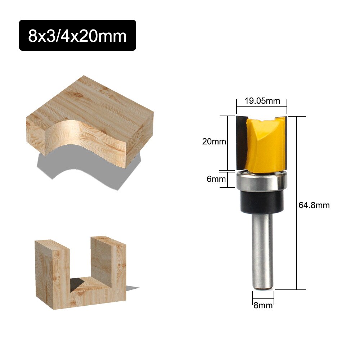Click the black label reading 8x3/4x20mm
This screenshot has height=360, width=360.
tap(77, 35)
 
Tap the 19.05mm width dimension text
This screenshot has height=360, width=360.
tap(262, 101)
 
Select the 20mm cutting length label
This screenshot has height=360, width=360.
tap(214, 141)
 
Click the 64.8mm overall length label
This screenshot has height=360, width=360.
tap(314, 205)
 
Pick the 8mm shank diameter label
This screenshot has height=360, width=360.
tap(263, 306)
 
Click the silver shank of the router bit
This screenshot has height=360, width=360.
tap(262, 252)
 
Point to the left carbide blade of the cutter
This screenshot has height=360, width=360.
tap(241, 142)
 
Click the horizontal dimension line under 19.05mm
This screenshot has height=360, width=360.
tap(262, 106)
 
